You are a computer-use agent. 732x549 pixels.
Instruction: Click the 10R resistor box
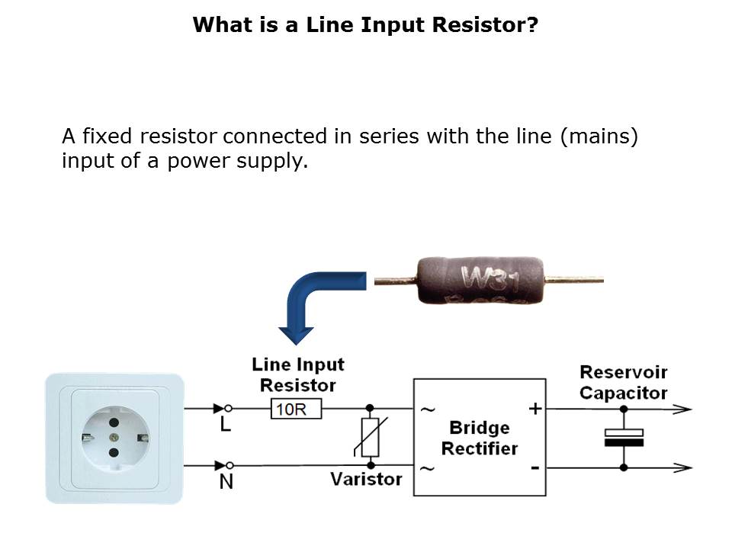point(297,409)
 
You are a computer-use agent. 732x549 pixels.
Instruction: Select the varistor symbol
point(371,438)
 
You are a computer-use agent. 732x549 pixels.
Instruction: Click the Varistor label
point(365,479)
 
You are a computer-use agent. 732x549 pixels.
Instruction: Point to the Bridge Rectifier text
point(479,438)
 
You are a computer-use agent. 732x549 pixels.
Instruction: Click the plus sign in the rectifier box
point(535,409)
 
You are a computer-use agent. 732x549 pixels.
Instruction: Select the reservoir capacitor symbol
point(624,438)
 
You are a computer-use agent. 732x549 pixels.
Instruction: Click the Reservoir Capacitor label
point(623,383)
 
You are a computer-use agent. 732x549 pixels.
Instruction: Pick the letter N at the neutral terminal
point(226,483)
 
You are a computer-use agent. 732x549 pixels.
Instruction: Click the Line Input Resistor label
point(297,374)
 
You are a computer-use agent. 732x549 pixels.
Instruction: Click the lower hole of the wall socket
point(114,453)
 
